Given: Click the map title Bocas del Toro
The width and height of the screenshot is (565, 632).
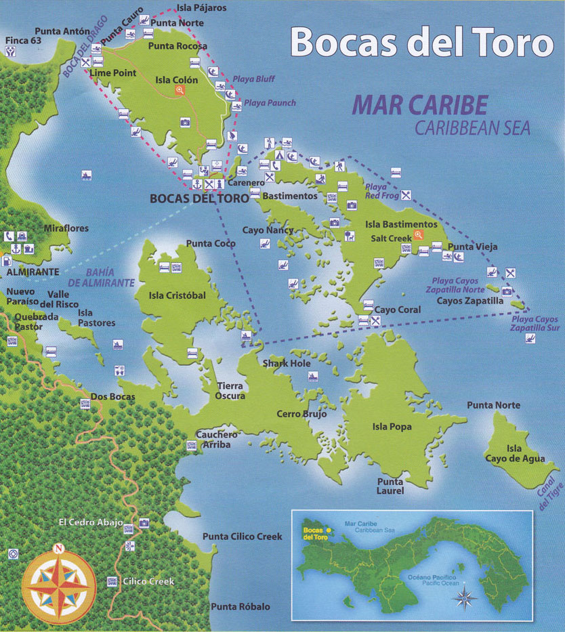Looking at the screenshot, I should point(421,43).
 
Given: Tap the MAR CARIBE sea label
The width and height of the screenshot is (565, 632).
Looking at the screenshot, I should point(420,105).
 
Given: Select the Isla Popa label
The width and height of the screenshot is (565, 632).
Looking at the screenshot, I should point(392,427).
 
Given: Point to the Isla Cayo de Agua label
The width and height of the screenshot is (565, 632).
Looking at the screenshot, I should point(514,454).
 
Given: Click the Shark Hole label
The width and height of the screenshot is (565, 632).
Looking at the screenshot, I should point(287,363).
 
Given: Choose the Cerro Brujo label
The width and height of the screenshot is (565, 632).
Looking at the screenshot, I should point(301,413).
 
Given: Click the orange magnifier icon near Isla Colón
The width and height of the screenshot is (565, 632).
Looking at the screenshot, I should point(180,91).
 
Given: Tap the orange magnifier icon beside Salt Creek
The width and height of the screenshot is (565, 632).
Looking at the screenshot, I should point(419,235).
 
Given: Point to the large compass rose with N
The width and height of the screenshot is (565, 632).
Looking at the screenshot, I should point(59,583).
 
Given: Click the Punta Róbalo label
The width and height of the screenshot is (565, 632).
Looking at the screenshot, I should point(240,606).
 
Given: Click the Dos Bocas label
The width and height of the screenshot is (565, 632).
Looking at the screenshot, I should point(112,396).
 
